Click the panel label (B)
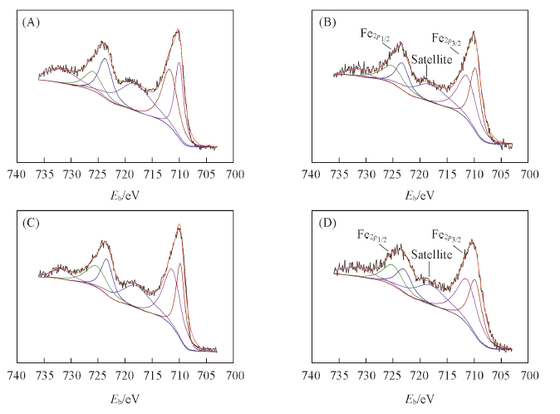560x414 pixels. [x=326, y=22]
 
